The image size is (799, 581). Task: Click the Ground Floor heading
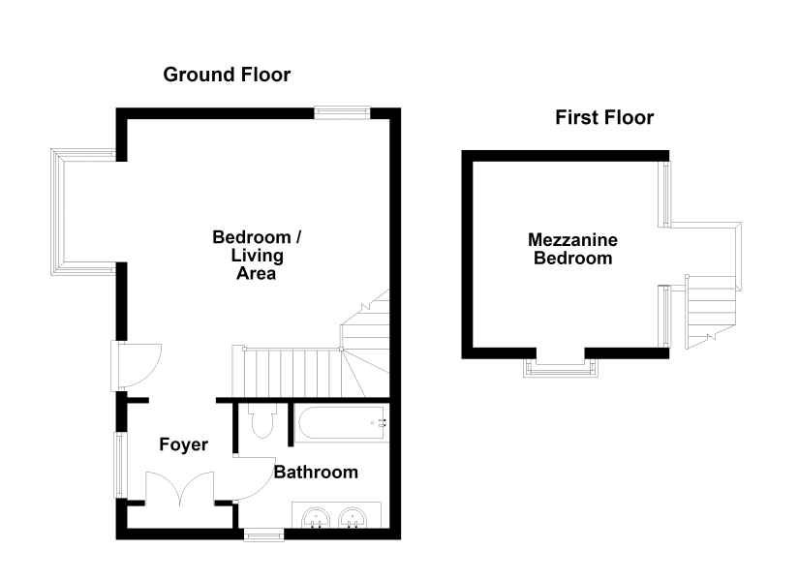click(227, 75)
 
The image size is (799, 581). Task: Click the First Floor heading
click(604, 118)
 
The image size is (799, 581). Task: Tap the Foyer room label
click(183, 444)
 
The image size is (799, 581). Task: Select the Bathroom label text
click(316, 472)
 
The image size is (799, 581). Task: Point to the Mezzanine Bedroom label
click(572, 249)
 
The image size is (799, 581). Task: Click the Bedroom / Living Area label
click(257, 256)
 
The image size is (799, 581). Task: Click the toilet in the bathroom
click(262, 421)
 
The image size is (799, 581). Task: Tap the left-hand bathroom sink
click(316, 518)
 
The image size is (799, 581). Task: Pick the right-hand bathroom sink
click(353, 518)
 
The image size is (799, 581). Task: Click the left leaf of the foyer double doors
click(163, 488)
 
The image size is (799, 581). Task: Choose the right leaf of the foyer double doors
click(198, 488)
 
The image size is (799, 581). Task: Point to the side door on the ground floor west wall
click(136, 366)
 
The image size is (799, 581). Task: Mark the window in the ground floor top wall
click(342, 112)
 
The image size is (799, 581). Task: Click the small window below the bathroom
click(264, 535)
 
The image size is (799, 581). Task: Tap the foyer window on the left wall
click(120, 465)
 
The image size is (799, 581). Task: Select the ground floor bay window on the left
click(84, 212)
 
